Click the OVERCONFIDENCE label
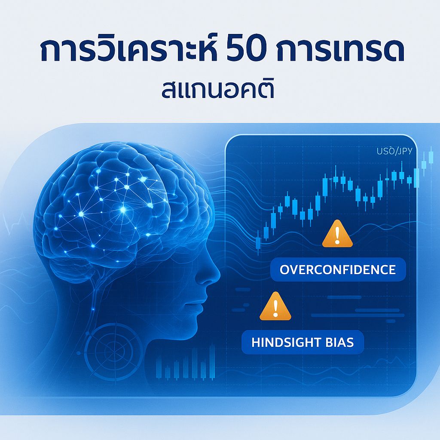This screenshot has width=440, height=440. pyautogui.click(x=337, y=270)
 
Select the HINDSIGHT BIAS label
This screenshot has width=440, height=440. pyautogui.click(x=302, y=342)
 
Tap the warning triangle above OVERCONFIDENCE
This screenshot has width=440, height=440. pyautogui.click(x=337, y=234)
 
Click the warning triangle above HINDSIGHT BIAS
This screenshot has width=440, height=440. pyautogui.click(x=275, y=307)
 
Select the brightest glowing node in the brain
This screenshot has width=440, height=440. pyautogui.click(x=123, y=210)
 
